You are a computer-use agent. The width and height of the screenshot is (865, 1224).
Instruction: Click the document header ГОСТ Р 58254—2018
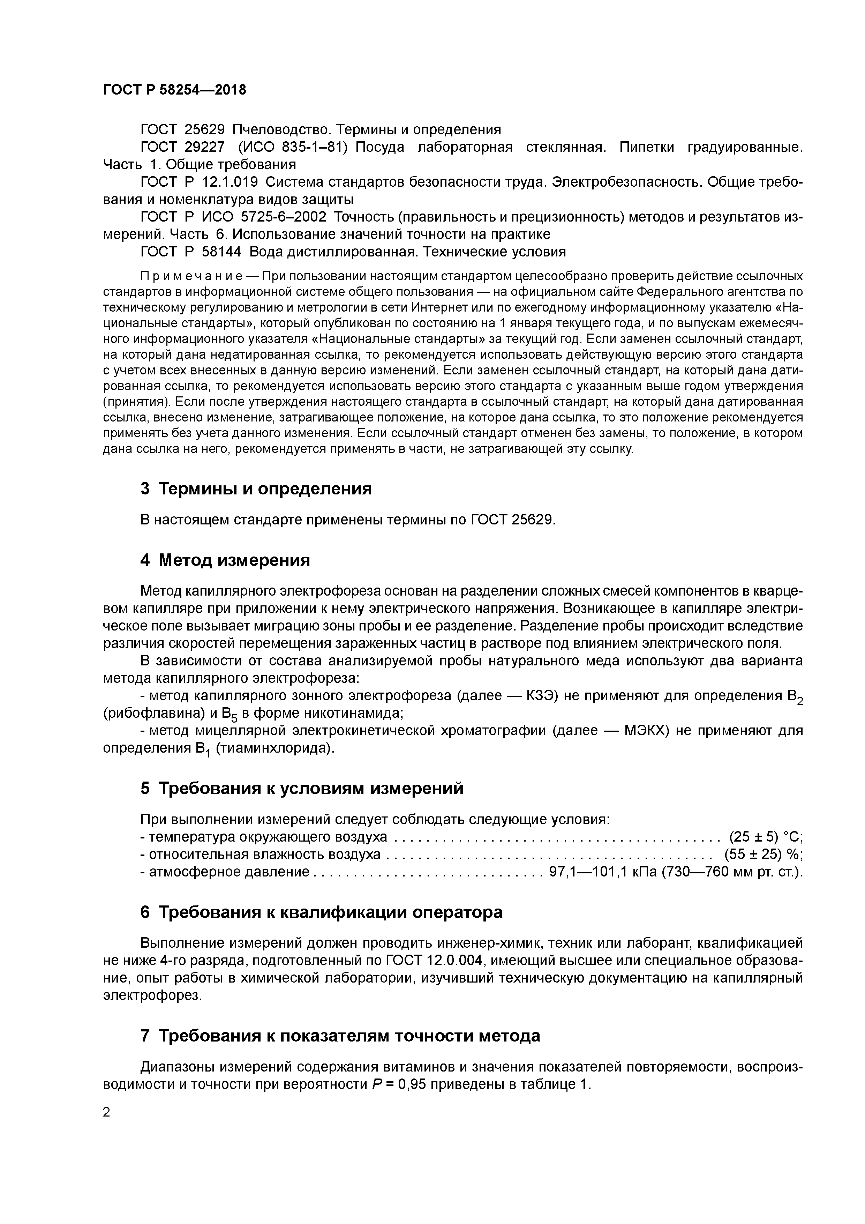[174, 90]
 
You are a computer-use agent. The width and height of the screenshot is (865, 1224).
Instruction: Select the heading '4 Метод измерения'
[225, 560]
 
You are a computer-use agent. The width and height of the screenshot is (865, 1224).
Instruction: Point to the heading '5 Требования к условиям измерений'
[302, 789]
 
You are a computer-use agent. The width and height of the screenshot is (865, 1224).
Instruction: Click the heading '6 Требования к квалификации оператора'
[321, 912]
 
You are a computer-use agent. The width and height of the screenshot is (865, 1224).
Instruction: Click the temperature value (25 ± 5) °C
[765, 836]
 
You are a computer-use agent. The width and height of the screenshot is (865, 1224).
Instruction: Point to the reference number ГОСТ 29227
[182, 147]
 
